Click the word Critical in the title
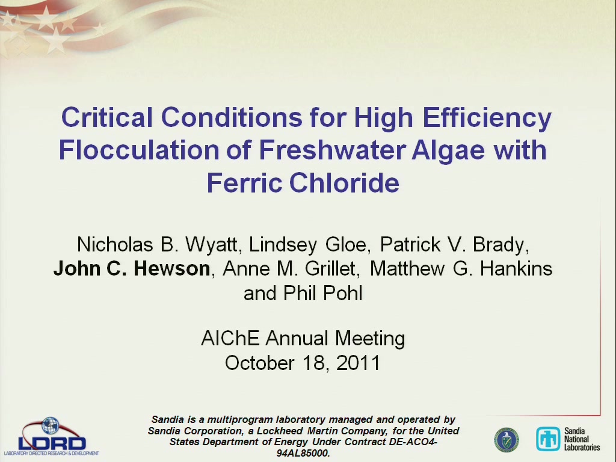click(107, 117)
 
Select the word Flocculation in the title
click(139, 150)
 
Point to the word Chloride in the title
click(344, 183)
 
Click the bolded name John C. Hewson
click(132, 269)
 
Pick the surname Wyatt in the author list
click(211, 244)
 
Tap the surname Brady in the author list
click(499, 244)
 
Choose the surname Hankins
click(516, 269)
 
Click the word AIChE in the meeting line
click(230, 338)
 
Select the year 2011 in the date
click(359, 362)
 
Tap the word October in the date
click(259, 362)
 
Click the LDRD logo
click(52, 436)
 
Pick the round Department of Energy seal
click(507, 440)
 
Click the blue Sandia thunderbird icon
click(548, 439)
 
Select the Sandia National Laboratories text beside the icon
click(582, 439)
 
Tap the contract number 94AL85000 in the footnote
click(303, 453)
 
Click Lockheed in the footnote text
click(280, 431)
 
